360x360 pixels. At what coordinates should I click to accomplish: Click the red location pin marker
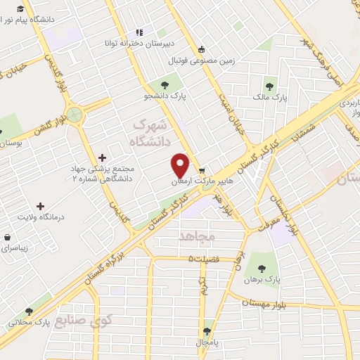click(x=181, y=165)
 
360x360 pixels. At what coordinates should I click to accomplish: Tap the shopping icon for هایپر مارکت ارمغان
click(x=202, y=171)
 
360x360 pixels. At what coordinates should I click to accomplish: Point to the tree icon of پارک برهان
click(x=262, y=267)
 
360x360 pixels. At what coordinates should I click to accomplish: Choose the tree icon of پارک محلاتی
click(x=29, y=311)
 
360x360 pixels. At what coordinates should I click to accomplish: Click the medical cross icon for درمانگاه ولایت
click(x=39, y=207)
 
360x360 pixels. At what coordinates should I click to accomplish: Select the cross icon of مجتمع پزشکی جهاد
click(x=103, y=157)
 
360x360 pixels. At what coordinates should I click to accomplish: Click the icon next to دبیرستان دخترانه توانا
click(x=139, y=32)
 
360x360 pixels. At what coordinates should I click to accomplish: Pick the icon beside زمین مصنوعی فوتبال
click(x=202, y=49)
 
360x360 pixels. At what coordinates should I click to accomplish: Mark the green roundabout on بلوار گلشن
click(x=75, y=115)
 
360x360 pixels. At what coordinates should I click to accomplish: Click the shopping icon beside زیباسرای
click(x=7, y=238)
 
